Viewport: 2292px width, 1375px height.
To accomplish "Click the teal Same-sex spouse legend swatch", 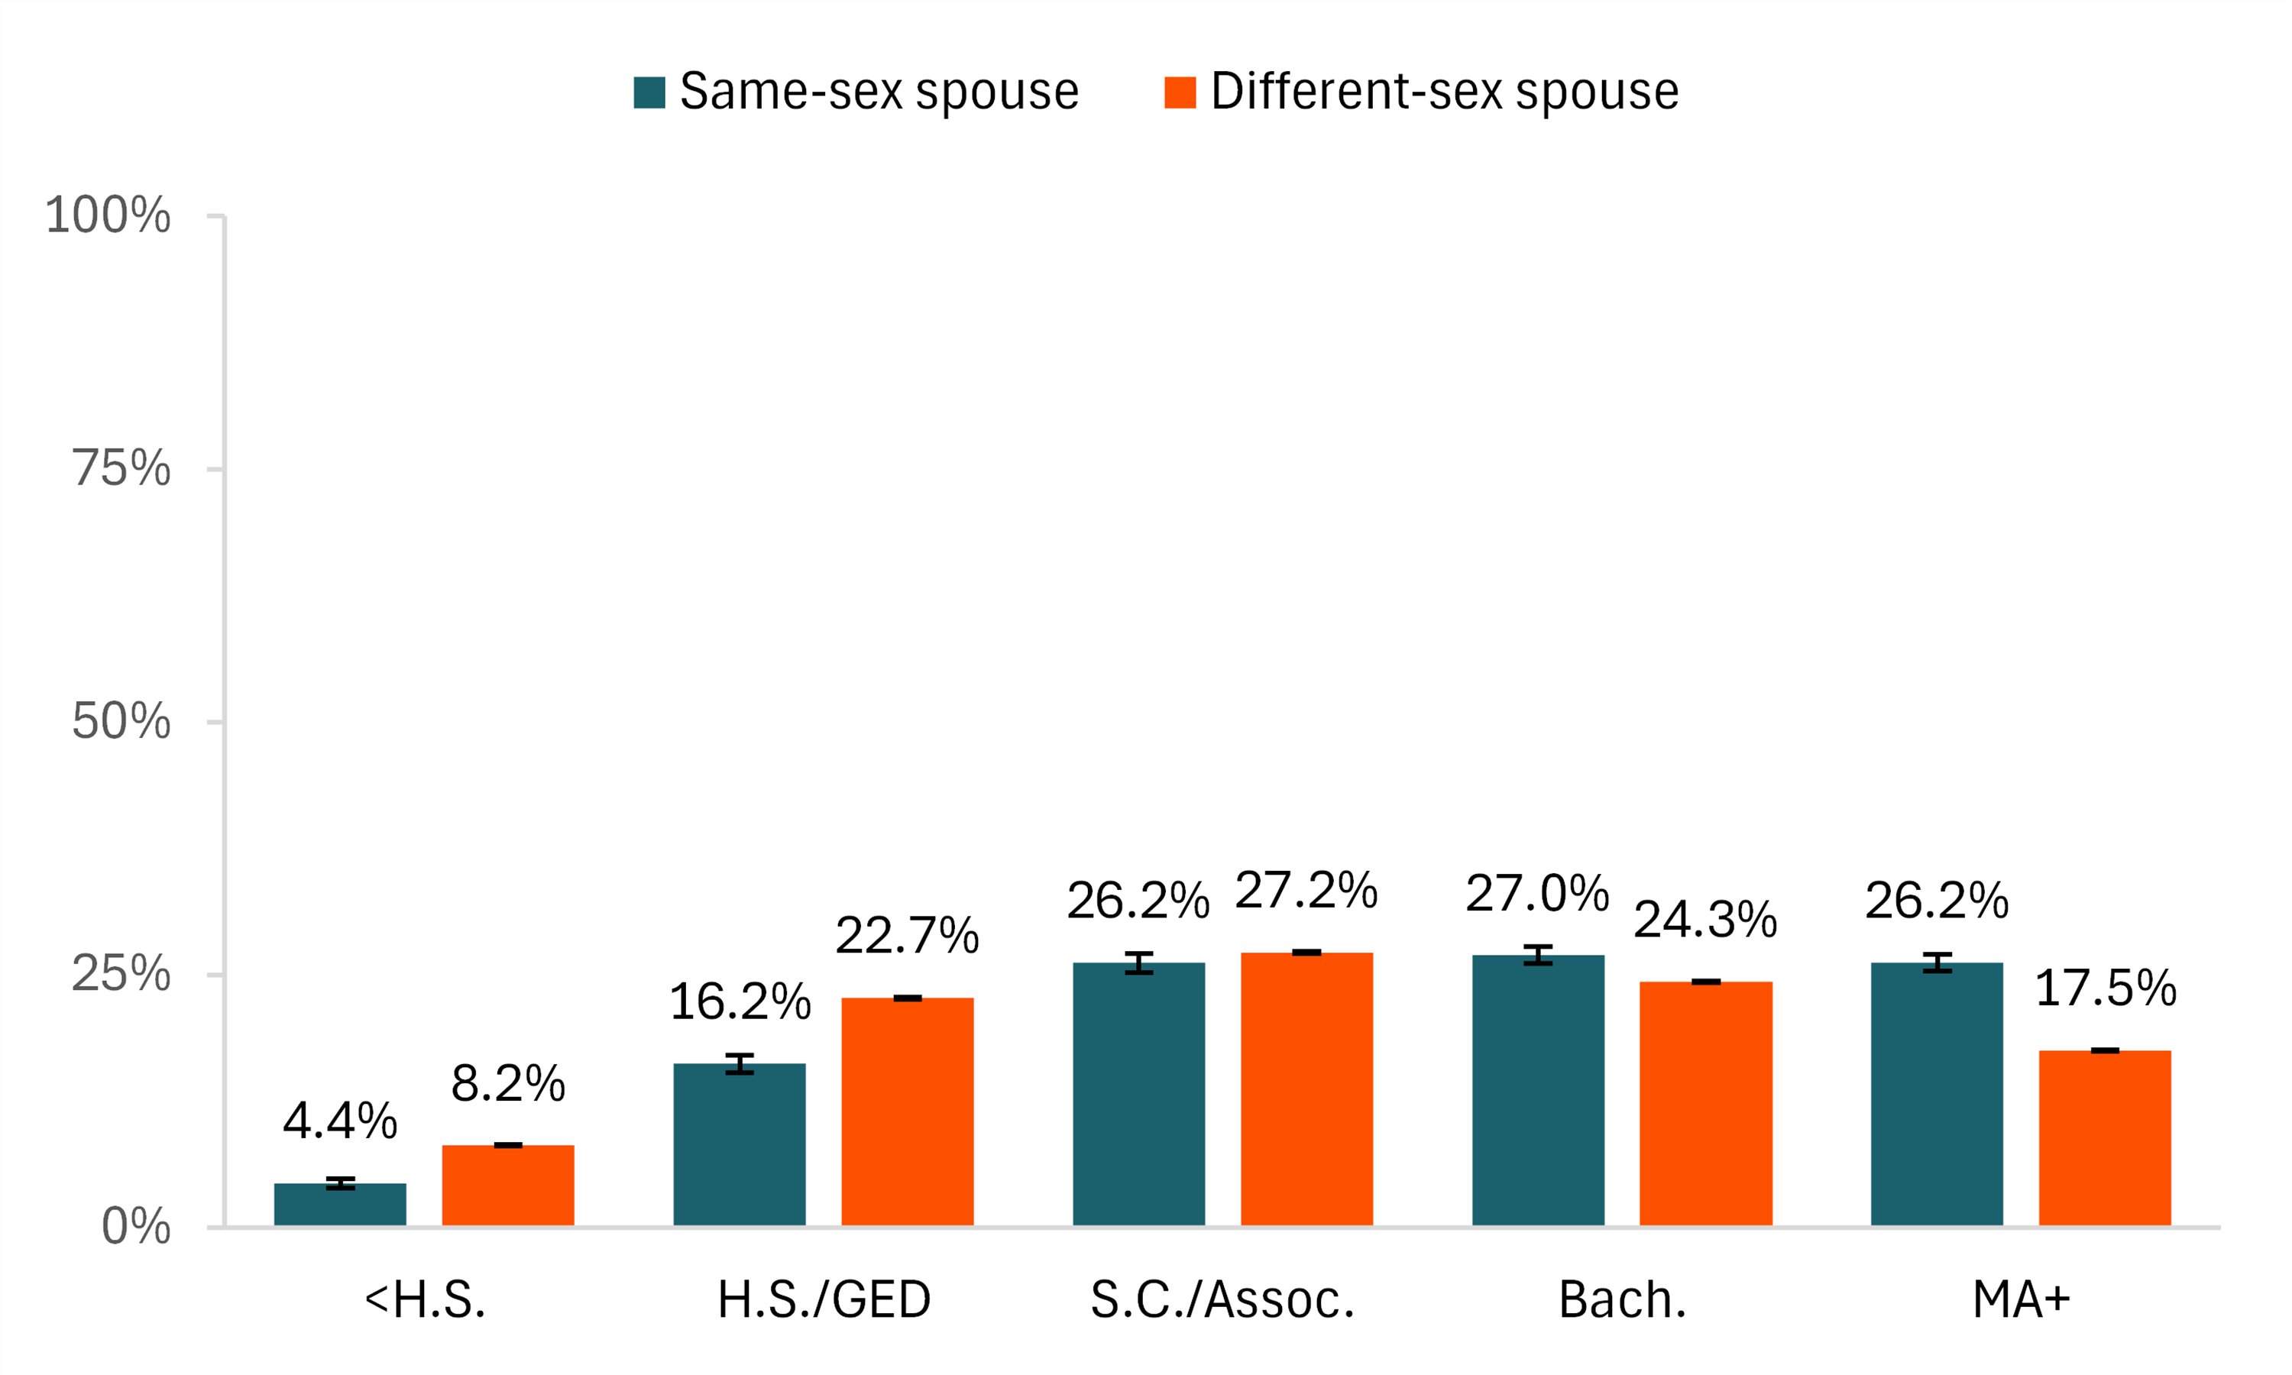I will click(649, 92).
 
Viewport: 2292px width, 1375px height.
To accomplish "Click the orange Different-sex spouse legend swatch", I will click(1180, 92).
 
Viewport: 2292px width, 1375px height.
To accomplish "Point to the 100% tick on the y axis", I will click(108, 216).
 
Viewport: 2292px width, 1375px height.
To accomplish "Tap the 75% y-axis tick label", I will click(121, 468).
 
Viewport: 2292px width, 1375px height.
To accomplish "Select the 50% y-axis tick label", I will click(121, 722).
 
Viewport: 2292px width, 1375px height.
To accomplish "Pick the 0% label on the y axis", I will click(136, 1227).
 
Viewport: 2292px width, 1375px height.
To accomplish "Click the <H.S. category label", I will click(426, 1300).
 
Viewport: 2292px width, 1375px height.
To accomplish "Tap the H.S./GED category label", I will click(824, 1300).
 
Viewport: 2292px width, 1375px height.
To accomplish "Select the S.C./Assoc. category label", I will click(1222, 1300).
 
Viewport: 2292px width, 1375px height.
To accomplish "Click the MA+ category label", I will click(2021, 1300).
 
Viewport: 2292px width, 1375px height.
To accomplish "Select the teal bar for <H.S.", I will click(340, 1205).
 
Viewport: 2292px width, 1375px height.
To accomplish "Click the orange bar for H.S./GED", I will click(907, 1112).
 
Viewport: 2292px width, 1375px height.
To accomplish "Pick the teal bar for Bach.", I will click(1538, 1091).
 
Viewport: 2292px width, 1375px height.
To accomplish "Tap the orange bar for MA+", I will click(2105, 1139).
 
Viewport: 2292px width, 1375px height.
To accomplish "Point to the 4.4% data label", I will click(340, 1121).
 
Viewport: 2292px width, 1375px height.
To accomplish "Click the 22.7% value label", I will click(907, 936).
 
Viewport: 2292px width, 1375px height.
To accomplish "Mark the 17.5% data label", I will click(2105, 988).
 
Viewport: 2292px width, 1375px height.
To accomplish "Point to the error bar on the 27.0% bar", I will click(1538, 956).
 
